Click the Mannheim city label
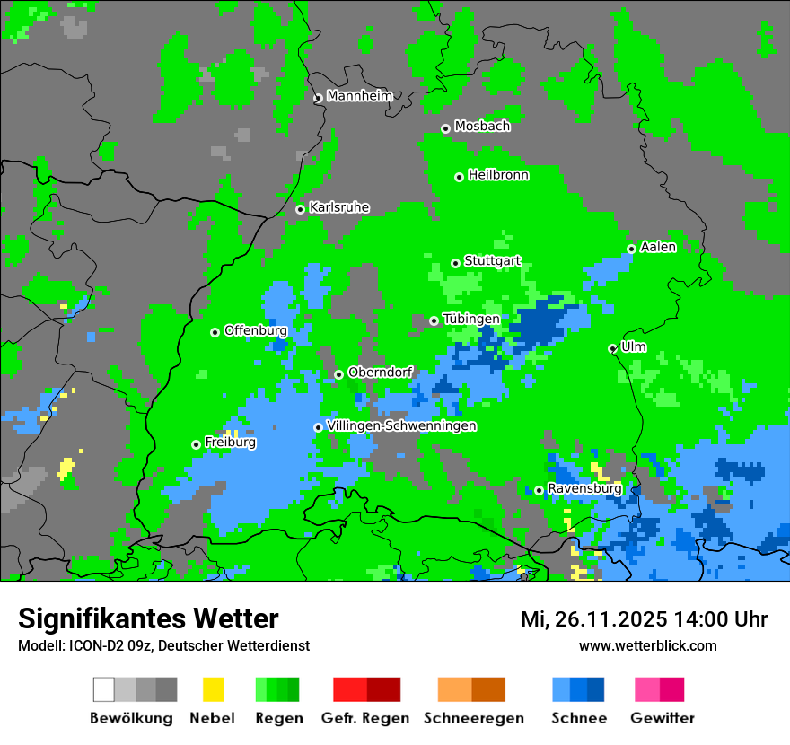point(360,96)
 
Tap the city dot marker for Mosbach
point(445,128)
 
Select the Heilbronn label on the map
point(498,175)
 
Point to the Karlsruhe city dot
point(300,209)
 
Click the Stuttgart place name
point(492,261)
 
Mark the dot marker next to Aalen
point(631,249)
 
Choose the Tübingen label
point(471,319)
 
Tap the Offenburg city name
point(256,330)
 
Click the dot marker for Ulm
point(612,348)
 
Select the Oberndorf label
point(380,372)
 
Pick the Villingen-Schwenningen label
point(401,425)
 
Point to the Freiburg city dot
point(196,444)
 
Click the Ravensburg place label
point(584,488)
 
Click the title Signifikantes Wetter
point(148,618)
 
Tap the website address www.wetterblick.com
point(647,645)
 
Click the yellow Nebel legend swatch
point(213,689)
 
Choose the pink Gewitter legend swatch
point(647,689)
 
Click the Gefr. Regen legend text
point(365,718)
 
